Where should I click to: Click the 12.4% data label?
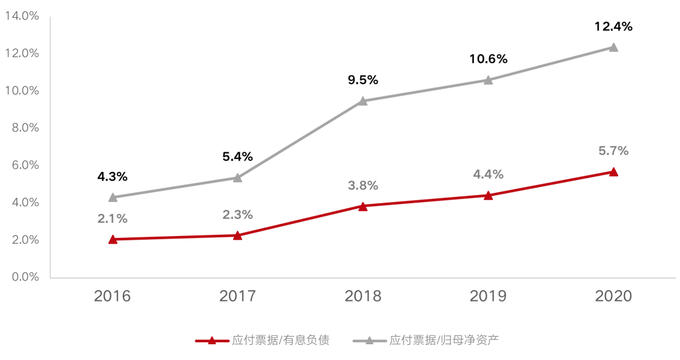tap(613, 26)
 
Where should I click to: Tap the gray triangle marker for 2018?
tap(363, 101)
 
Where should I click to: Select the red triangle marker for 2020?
tap(613, 172)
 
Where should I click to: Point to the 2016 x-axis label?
tap(113, 296)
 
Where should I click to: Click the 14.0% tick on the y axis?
tap(22, 16)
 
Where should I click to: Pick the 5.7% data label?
tap(613, 151)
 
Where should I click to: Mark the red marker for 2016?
tap(113, 239)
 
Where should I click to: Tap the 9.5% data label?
tap(363, 80)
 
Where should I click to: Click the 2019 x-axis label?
tap(488, 296)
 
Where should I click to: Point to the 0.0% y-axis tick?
tap(22, 277)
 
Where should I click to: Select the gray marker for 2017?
tap(237, 177)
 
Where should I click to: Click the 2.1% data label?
tap(113, 219)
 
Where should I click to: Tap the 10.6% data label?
tap(488, 59)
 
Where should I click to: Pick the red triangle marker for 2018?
tap(363, 206)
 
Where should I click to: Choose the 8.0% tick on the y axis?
tap(22, 128)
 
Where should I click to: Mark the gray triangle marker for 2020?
tap(613, 47)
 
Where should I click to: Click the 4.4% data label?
tap(488, 174)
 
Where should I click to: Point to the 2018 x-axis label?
tap(363, 296)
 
